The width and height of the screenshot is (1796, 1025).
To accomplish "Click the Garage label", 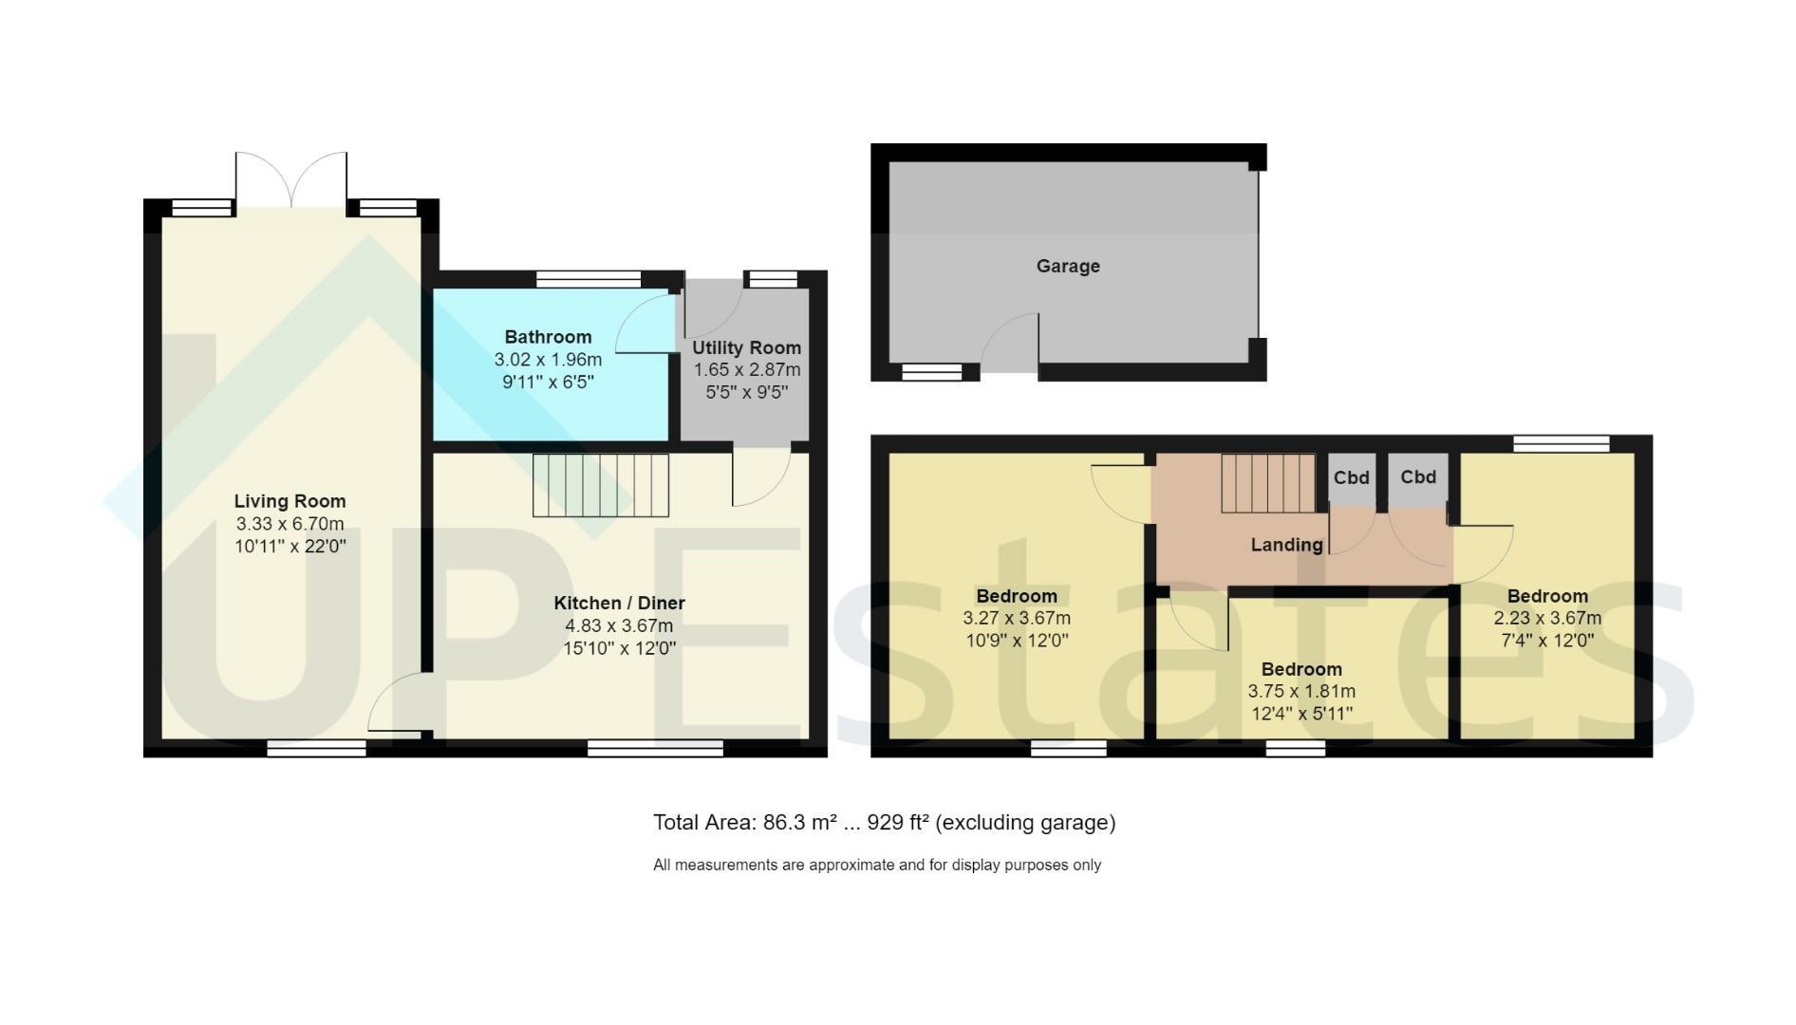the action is click(x=1068, y=267).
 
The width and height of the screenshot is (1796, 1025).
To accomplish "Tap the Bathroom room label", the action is click(x=548, y=337).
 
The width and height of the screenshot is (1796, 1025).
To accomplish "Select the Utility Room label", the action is click(x=746, y=348).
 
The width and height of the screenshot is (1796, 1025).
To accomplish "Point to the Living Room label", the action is click(x=290, y=501).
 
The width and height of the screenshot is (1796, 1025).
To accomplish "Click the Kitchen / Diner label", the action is click(x=619, y=603).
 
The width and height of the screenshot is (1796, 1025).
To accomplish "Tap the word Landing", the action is click(x=1286, y=545).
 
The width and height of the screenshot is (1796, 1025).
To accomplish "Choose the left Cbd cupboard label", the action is click(x=1351, y=477).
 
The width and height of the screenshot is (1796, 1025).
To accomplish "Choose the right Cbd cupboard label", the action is click(x=1418, y=477).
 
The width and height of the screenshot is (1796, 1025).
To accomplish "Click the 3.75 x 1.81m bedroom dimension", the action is click(x=1301, y=692).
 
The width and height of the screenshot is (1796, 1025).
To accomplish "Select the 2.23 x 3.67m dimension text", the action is click(x=1547, y=618).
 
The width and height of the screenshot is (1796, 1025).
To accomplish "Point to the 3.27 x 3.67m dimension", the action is click(x=1017, y=618).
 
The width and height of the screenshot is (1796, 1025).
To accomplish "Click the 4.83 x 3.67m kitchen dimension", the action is click(x=619, y=625).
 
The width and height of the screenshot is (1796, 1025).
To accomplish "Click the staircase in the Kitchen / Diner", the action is click(x=600, y=485).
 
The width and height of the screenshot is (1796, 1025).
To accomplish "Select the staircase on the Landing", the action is click(x=1268, y=483).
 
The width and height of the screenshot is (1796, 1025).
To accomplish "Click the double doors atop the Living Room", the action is click(x=291, y=179).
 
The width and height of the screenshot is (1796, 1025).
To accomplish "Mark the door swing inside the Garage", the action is click(x=1010, y=339).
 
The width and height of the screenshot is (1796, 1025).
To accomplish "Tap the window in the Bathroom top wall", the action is click(x=589, y=279).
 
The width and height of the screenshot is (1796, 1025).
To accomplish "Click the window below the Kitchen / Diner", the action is click(x=655, y=749).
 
